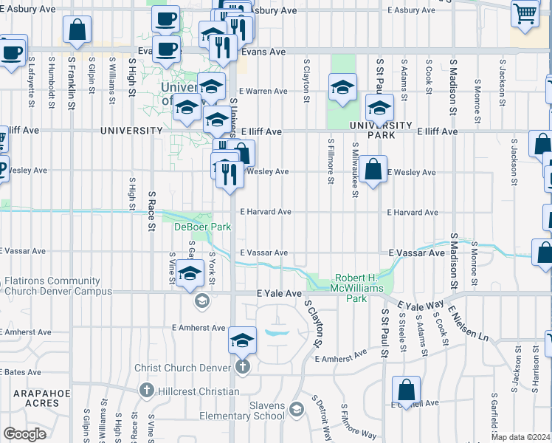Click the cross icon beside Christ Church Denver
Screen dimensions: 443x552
pos(243,368)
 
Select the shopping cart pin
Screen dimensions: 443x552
pos(525,13)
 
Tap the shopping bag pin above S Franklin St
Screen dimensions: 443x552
pos(77,30)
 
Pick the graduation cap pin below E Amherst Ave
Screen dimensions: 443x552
pos(242,340)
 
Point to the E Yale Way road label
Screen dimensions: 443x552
pos(420,304)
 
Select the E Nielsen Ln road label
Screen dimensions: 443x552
pos(468,324)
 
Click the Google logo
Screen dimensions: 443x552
pos(25,434)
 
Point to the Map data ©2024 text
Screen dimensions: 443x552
pos(520,437)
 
